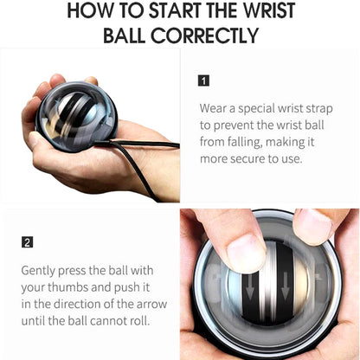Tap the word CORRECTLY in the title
(204, 35)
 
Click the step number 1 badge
(203, 80)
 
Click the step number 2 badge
(27, 242)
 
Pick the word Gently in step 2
(38, 271)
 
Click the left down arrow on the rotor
(250, 287)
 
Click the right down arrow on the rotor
(285, 286)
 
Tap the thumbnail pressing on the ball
(246, 253)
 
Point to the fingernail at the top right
(313, 226)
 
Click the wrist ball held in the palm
(77, 116)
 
